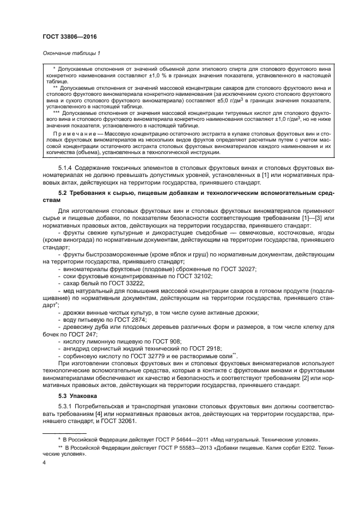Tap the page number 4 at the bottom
pyautogui.click(x=45, y=463)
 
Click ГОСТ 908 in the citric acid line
pyautogui.click(x=165, y=342)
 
